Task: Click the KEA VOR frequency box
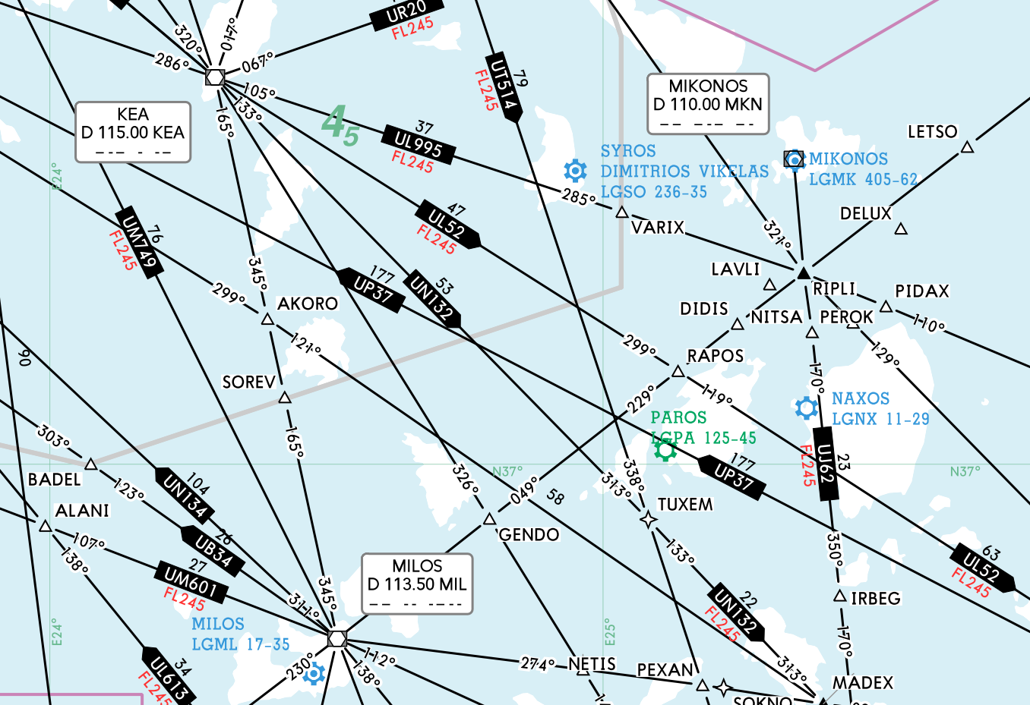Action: point(133,132)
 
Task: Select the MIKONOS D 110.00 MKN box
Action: point(708,104)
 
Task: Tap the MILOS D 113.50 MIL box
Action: point(417,584)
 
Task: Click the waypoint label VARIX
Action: point(658,228)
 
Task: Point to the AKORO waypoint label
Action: point(308,304)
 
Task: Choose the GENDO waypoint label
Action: point(529,535)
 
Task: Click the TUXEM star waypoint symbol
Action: point(648,520)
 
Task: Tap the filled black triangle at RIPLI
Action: point(803,273)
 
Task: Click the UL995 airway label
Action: point(419,144)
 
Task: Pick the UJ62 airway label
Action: point(826,463)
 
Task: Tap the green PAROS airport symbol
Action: point(665,451)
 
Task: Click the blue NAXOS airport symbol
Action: point(806,408)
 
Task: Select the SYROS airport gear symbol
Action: point(576,171)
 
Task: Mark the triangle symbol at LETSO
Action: point(967,147)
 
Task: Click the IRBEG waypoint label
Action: point(876,599)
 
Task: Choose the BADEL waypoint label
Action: point(55,480)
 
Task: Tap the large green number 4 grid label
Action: point(333,121)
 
